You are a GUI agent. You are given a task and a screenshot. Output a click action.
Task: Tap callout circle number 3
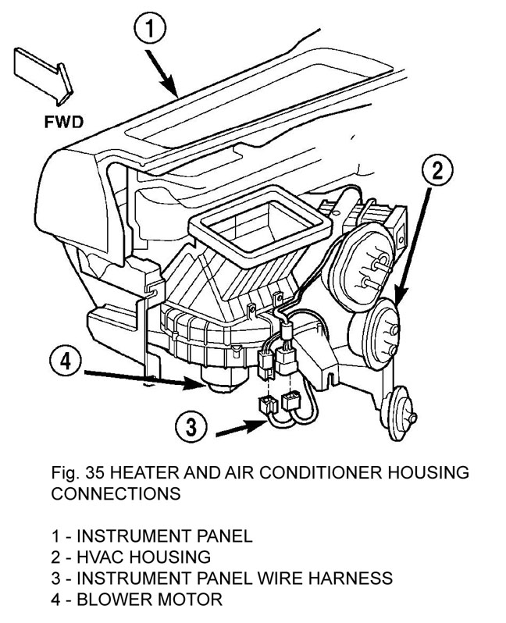click(x=191, y=427)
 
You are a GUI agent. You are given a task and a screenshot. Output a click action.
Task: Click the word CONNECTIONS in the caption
click(x=116, y=494)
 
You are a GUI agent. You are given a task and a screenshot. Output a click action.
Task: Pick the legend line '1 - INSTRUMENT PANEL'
click(x=152, y=536)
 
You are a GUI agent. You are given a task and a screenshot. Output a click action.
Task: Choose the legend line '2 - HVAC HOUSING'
click(x=131, y=557)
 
